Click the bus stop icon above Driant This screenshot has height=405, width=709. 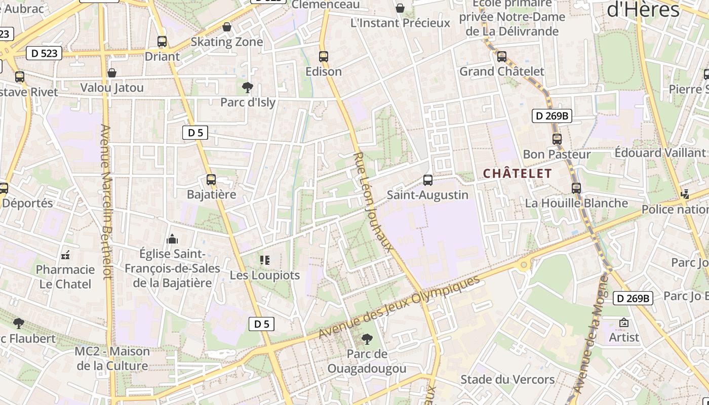pos(162,42)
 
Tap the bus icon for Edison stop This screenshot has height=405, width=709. pos(324,56)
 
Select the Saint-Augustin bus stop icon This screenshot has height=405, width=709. pos(428,180)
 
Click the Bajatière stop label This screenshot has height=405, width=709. pos(211,194)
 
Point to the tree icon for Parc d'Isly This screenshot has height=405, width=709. pos(248,88)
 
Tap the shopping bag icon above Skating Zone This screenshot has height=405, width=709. pos(227,27)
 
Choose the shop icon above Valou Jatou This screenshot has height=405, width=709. pos(112,73)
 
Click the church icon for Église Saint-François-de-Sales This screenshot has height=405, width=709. pos(172,239)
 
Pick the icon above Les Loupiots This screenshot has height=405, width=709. pos(265,260)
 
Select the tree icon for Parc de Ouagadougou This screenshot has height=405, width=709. pos(367,339)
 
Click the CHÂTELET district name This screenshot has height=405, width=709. pos(517,173)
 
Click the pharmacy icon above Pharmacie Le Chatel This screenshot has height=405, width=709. pos(65,255)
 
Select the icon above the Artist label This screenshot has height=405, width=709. pos(624,322)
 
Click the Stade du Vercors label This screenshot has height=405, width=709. pos(507,379)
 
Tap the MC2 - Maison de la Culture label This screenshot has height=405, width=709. pos(112,358)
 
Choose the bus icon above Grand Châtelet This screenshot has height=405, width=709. pos(502,57)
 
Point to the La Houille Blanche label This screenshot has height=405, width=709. pos(576,203)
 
